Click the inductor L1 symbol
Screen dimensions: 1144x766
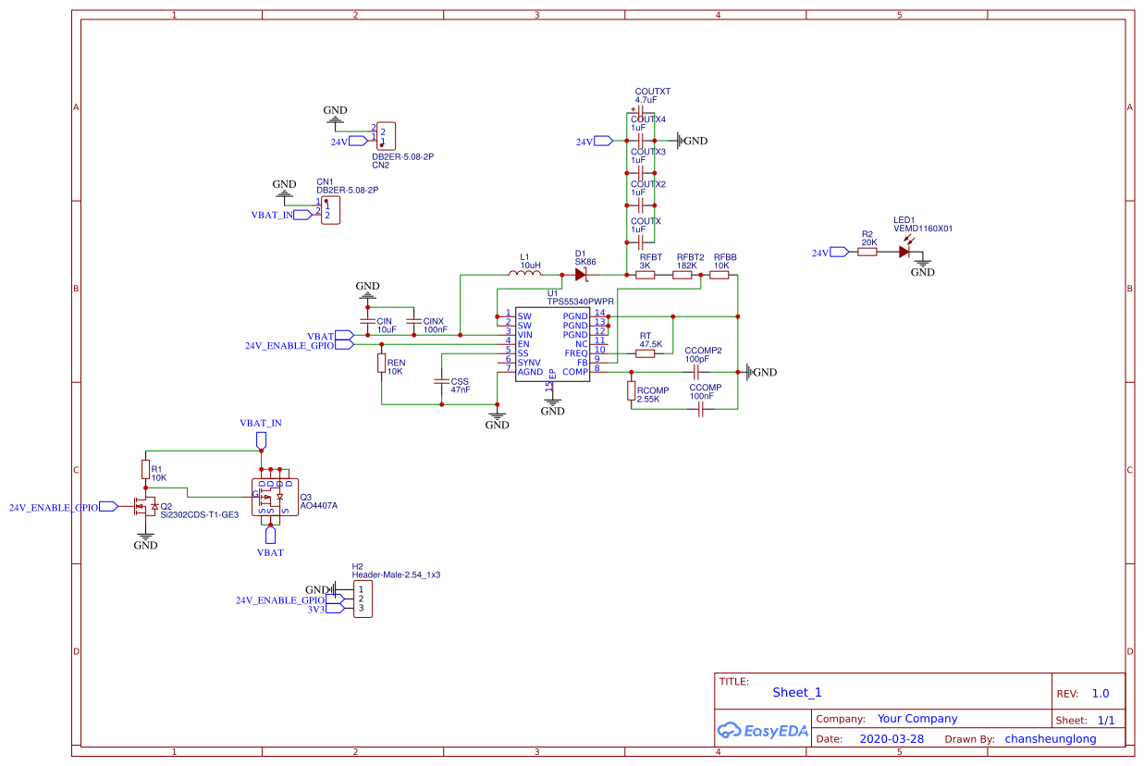coord(525,274)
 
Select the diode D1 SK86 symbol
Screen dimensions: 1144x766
coord(581,275)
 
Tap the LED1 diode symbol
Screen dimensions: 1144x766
coord(904,252)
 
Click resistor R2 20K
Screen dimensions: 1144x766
coord(867,252)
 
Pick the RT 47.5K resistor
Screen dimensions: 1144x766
coord(645,353)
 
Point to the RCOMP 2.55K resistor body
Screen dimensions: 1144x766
coord(632,391)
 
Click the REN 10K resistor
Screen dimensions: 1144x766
coord(382,364)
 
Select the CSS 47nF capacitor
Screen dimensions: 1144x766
coord(442,382)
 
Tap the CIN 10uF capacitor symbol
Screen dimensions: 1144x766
coord(368,321)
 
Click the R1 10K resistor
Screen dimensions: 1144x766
coord(145,470)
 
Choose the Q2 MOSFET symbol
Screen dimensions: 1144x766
coord(145,506)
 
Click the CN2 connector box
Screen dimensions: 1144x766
coord(386,136)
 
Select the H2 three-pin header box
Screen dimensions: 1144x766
coord(363,599)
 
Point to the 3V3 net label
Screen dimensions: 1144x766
coord(315,610)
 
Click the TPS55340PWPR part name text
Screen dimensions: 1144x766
coord(580,302)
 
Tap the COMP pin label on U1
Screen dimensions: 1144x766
coord(575,372)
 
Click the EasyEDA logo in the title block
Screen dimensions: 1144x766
coord(762,731)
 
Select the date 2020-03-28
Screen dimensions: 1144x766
coord(892,739)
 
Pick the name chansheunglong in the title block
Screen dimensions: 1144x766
coord(1051,739)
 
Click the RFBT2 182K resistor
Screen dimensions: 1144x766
coord(683,275)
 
